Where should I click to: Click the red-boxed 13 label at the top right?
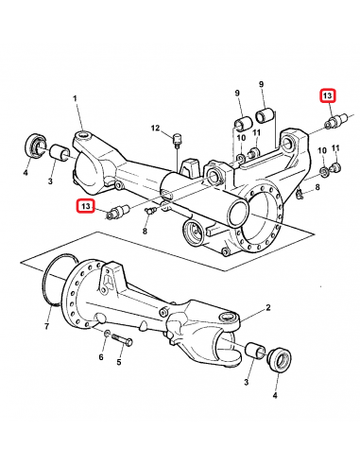(327, 96)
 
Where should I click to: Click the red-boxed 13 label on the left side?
(86, 205)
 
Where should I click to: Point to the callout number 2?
(268, 309)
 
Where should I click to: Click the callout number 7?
(46, 326)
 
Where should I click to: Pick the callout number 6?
(101, 360)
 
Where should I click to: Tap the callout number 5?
(119, 361)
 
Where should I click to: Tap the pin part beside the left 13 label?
(118, 210)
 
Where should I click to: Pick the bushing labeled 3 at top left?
(59, 150)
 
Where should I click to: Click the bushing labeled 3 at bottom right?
(255, 353)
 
